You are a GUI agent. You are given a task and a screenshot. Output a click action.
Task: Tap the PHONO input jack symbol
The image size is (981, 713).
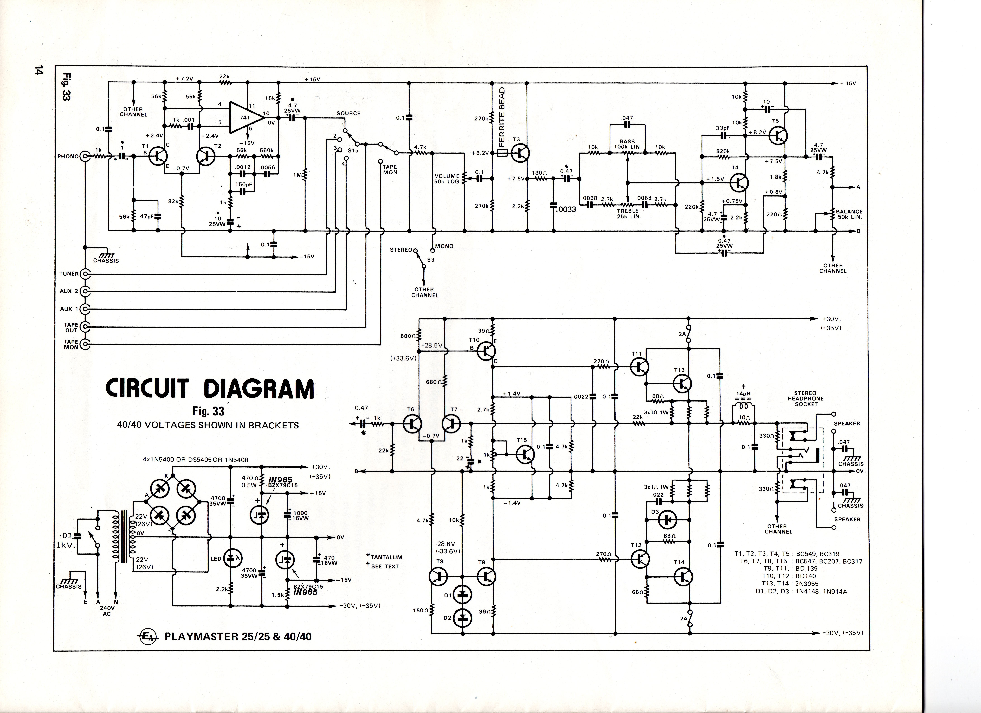coord(85,156)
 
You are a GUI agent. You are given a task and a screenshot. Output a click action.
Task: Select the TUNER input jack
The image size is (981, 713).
coord(85,274)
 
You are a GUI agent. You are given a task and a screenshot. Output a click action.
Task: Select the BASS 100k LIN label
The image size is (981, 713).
coord(627,144)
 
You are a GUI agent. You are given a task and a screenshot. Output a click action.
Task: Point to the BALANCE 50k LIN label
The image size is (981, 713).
coord(849,214)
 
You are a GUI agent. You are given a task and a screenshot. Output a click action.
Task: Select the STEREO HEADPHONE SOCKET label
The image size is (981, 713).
coord(806,398)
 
